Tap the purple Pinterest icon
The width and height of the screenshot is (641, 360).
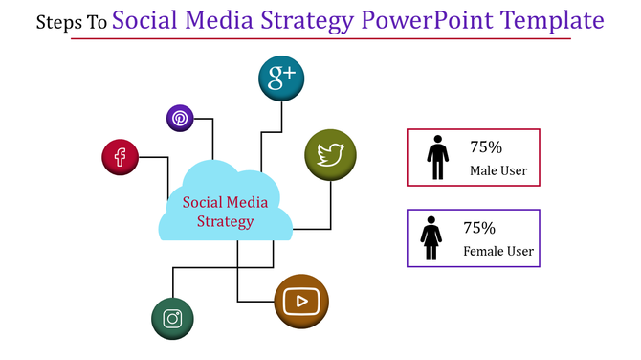[x=180, y=119]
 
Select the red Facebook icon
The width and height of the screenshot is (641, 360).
[x=121, y=157]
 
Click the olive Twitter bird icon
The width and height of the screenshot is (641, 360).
[x=330, y=154]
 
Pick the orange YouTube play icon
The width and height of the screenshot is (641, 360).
[x=301, y=301]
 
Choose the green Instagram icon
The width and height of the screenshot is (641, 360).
[x=172, y=319]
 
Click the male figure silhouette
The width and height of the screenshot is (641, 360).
[x=437, y=158]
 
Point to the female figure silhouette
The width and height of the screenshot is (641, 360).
[x=431, y=238]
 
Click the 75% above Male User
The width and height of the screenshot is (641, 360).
[x=486, y=147]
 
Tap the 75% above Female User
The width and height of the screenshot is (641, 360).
[x=479, y=228]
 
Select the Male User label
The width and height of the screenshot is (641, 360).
[x=498, y=171]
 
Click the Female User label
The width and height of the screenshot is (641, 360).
[x=498, y=252]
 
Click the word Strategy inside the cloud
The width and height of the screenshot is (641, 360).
[x=226, y=222]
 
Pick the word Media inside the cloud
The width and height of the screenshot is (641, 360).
[x=247, y=202]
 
